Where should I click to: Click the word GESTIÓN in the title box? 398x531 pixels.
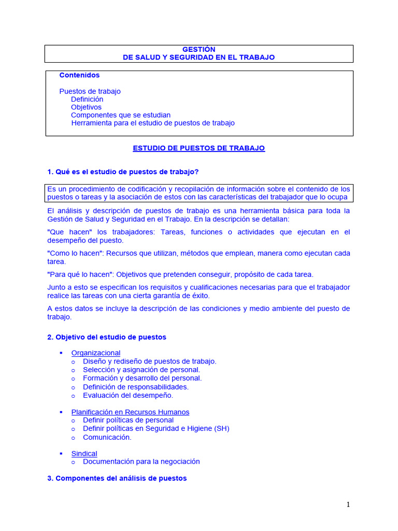tap(198, 49)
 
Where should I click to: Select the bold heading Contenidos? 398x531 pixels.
tap(79, 75)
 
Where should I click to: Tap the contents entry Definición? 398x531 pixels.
tap(87, 99)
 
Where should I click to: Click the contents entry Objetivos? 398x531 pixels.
tap(86, 107)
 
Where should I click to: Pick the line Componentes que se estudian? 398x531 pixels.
tap(121, 115)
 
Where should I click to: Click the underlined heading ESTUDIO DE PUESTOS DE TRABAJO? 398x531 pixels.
tap(198, 148)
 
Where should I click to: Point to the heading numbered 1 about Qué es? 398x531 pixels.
tap(123, 172)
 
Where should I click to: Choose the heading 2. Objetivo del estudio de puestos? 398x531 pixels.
tap(107, 337)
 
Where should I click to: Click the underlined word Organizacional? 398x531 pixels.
tap(96, 353)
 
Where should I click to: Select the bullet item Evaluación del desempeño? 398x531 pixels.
tap(128, 395)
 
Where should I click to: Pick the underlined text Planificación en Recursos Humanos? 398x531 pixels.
tap(130, 412)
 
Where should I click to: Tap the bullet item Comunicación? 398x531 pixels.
tap(107, 437)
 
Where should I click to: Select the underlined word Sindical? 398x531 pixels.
tap(84, 454)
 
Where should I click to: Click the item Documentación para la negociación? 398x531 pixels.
tap(141, 462)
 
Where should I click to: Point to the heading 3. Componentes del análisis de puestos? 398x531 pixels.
tap(117, 479)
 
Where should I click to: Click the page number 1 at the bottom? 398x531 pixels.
tap(348, 505)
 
